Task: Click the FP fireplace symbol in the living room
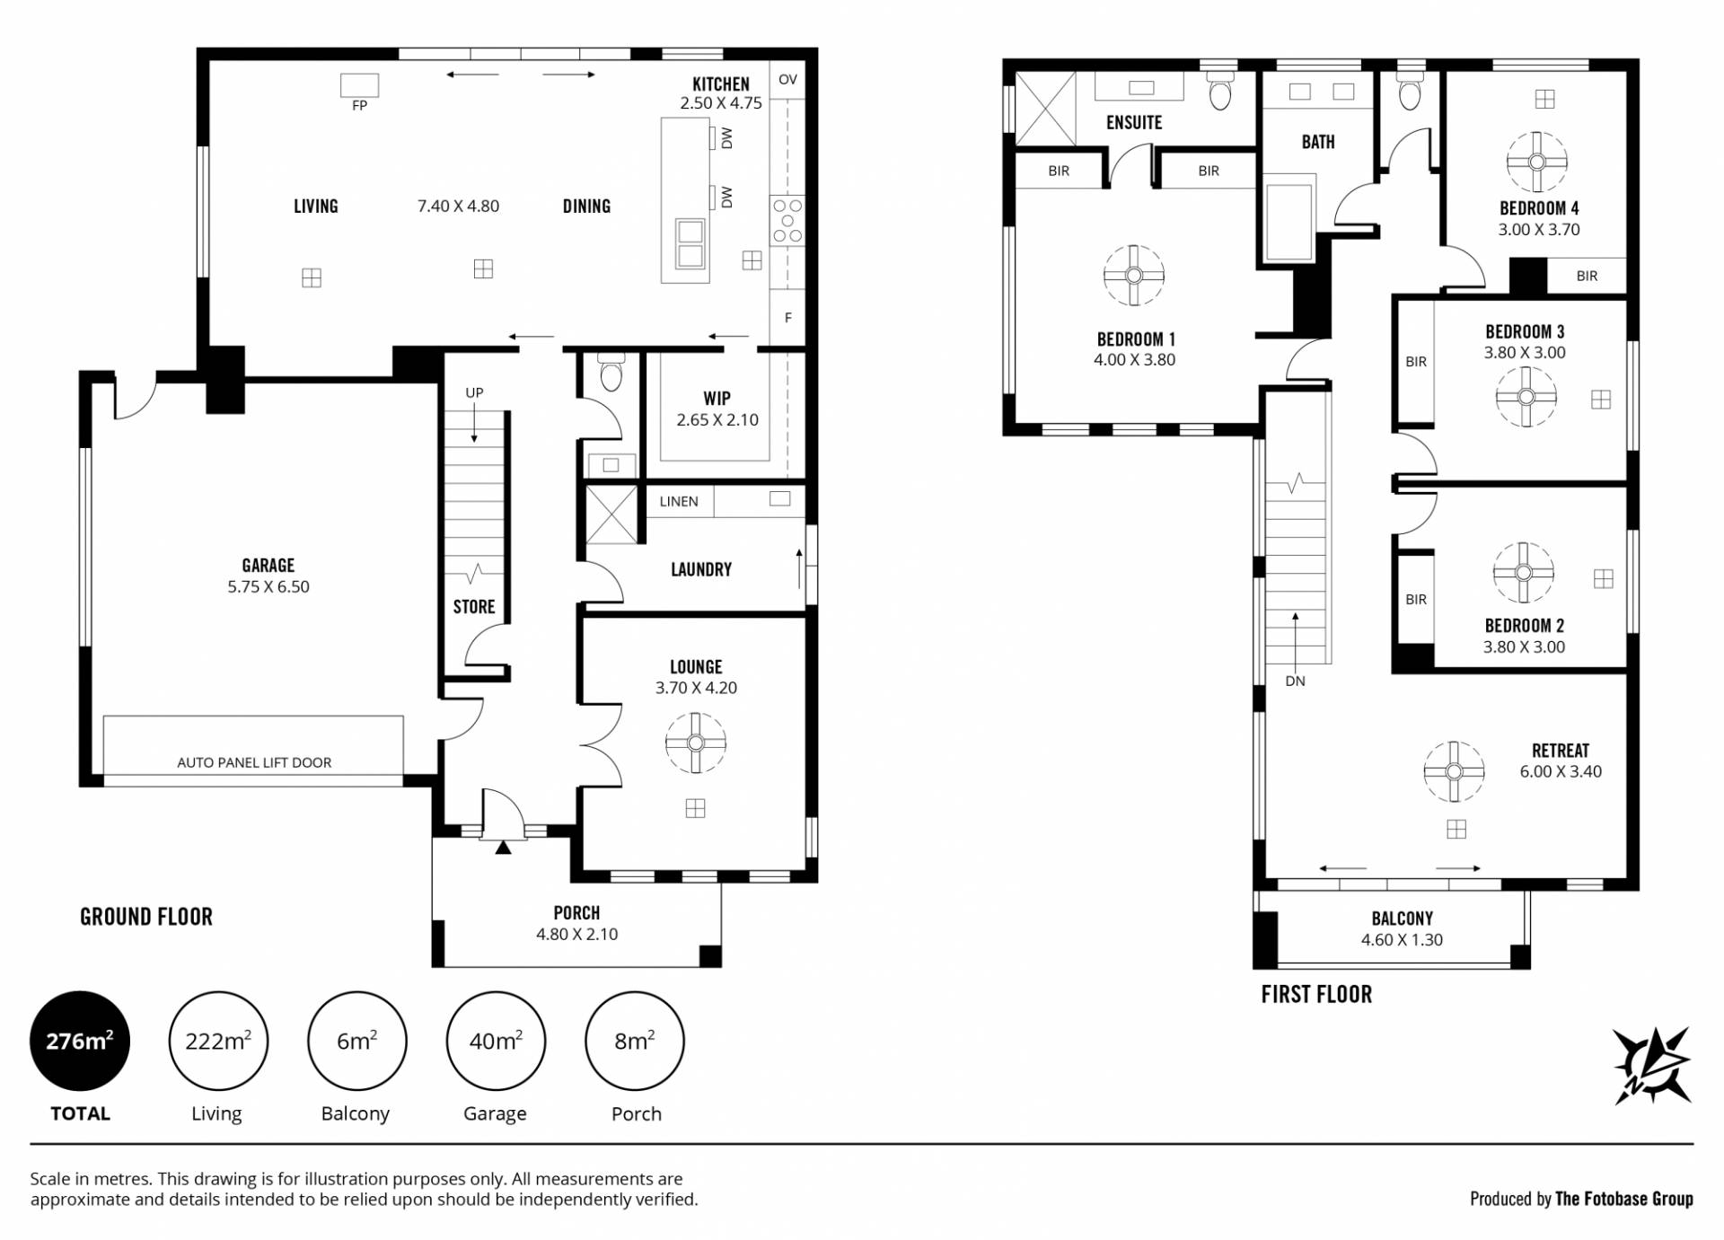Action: [x=359, y=85]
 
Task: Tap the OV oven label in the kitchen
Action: [x=787, y=79]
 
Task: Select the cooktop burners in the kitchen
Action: [x=787, y=221]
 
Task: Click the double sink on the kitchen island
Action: [x=690, y=243]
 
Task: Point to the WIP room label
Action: [x=717, y=398]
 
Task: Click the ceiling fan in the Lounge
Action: [x=696, y=743]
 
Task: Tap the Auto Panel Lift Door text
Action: [x=254, y=762]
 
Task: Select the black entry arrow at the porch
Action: [x=503, y=847]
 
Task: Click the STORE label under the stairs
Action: [x=474, y=607]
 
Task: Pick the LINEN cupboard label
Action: [x=679, y=501]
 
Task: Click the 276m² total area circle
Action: [x=80, y=1042]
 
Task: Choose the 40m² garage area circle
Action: [x=496, y=1042]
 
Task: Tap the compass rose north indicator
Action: [x=1653, y=1065]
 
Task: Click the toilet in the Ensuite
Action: [x=1219, y=90]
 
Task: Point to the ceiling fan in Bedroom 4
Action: [x=1537, y=163]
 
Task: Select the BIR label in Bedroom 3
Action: [x=1416, y=362]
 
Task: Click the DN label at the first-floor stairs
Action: [x=1295, y=681]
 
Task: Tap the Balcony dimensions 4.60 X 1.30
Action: [x=1402, y=940]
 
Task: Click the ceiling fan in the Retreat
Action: [x=1455, y=771]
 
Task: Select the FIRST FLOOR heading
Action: [x=1316, y=994]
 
